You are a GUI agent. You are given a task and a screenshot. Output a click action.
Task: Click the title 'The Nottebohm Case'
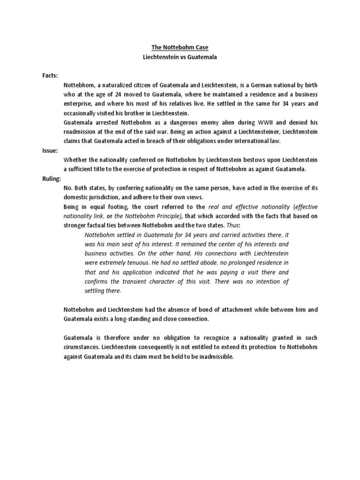(180, 47)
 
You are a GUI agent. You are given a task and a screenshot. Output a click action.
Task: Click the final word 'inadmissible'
(214, 356)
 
